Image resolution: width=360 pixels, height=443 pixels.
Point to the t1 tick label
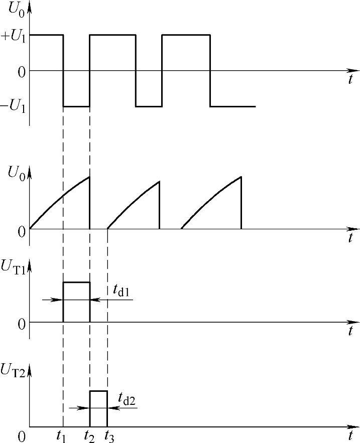pos(62,436)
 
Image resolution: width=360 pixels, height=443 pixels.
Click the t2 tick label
pos(89,436)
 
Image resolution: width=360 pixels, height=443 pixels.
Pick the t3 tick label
pos(108,436)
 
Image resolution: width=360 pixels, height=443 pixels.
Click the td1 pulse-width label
pos(121,290)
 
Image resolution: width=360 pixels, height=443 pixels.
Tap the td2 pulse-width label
pos(127,399)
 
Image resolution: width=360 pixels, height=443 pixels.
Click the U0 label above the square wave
pos(18,9)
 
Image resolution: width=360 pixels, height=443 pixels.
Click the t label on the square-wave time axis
pos(350,79)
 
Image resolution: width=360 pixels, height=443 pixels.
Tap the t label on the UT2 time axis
pos(350,435)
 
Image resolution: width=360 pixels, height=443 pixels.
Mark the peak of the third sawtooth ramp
pos(242,177)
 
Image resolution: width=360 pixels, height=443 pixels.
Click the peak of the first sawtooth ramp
pos(89,177)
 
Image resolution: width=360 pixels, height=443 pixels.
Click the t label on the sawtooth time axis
pos(350,238)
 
